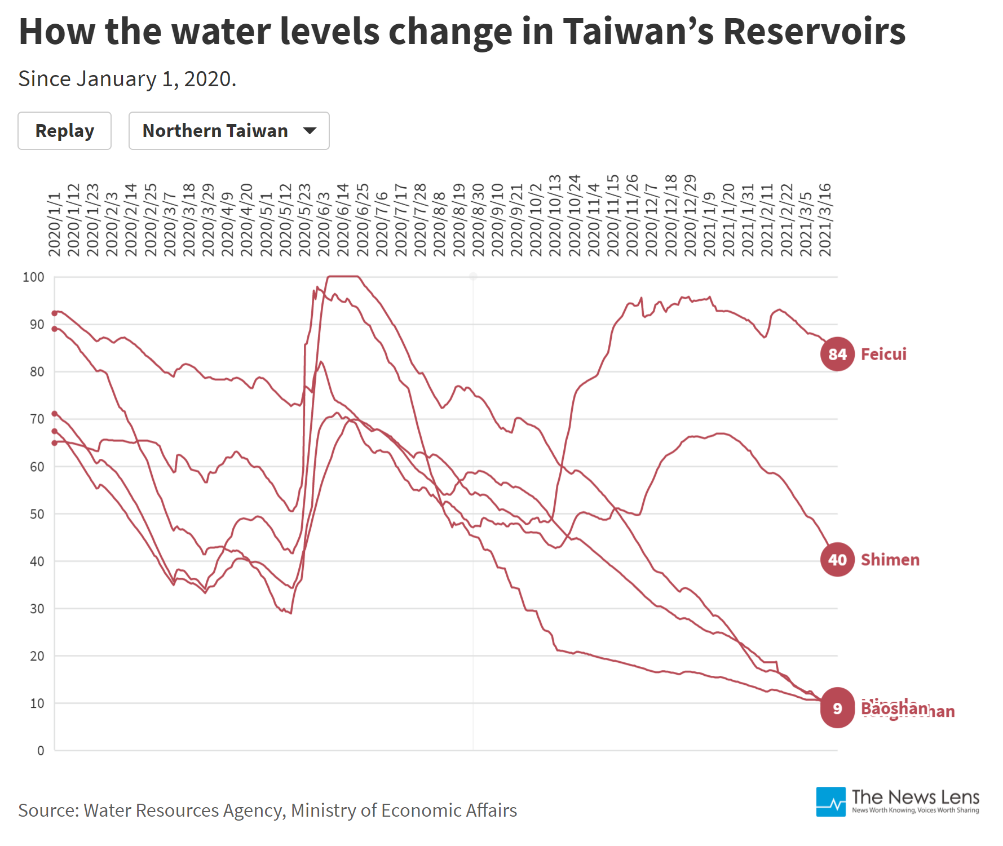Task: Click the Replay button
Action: tap(64, 131)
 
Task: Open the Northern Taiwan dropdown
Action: tap(228, 131)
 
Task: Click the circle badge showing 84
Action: tap(837, 354)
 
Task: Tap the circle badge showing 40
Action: tap(837, 560)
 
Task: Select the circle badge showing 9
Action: tap(837, 708)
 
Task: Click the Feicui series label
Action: tap(883, 354)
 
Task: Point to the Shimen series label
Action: tap(890, 560)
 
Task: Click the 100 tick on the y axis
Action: tap(33, 277)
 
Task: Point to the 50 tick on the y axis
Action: tap(37, 514)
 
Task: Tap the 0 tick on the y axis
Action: tap(41, 751)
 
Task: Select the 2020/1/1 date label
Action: tap(55, 224)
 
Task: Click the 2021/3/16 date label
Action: tap(825, 220)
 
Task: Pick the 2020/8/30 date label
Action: tap(478, 220)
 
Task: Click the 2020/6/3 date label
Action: tap(324, 224)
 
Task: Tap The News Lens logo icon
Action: tap(830, 801)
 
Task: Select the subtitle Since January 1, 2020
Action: tap(127, 79)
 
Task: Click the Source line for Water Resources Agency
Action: tap(267, 810)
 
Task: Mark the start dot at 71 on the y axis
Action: tap(55, 414)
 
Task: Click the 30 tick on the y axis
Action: tap(37, 609)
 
